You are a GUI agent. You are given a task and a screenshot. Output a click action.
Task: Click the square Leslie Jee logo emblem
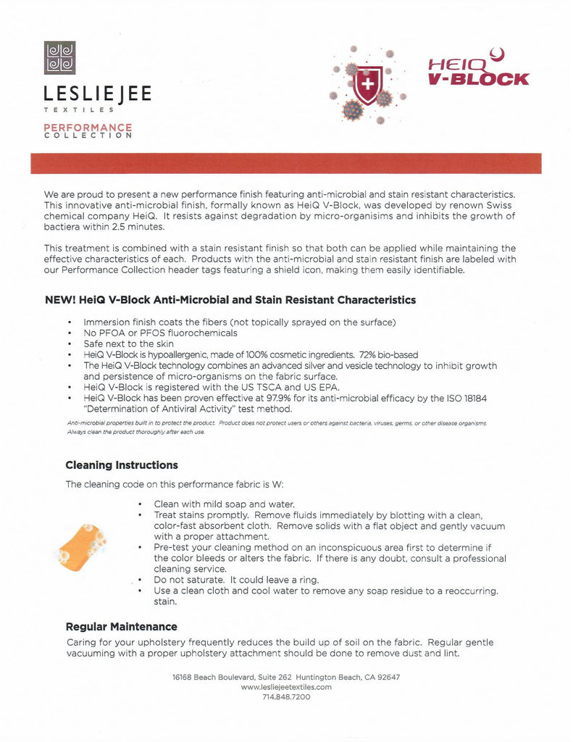(x=60, y=58)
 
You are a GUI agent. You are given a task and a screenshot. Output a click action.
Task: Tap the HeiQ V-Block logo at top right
(x=478, y=70)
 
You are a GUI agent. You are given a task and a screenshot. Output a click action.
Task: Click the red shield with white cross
(x=368, y=86)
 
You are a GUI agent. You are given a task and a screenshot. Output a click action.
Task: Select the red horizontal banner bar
(x=286, y=163)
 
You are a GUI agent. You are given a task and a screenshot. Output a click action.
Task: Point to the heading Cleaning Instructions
(x=122, y=464)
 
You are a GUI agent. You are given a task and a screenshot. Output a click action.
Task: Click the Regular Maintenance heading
(x=121, y=626)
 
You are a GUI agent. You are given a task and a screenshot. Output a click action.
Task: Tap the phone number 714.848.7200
(x=286, y=696)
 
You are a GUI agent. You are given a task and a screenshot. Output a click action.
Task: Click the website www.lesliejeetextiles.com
(x=286, y=687)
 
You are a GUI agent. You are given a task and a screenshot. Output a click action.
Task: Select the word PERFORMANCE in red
(x=88, y=128)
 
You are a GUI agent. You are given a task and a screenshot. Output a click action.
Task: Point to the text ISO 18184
(x=464, y=397)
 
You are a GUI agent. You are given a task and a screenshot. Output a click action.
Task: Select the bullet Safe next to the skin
(x=129, y=343)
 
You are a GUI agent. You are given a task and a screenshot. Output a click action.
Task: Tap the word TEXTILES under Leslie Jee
(x=78, y=109)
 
